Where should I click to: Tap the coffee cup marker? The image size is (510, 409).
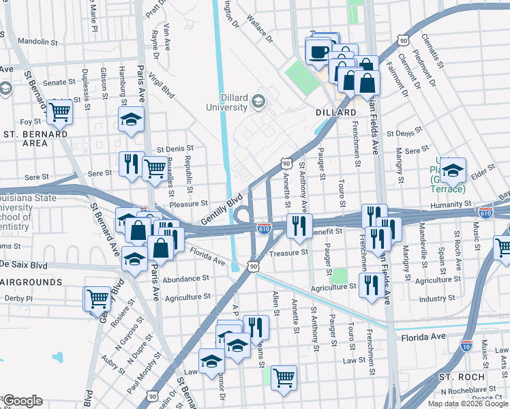click(318, 51)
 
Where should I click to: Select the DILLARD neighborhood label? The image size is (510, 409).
click(336, 112)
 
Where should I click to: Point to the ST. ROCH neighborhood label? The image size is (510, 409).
click(462, 377)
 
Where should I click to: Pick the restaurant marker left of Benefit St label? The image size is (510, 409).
click(299, 226)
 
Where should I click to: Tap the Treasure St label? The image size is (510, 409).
click(289, 252)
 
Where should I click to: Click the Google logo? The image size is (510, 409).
click(22, 400)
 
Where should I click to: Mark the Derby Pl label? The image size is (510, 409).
click(18, 299)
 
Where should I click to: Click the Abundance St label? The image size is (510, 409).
click(185, 278)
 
